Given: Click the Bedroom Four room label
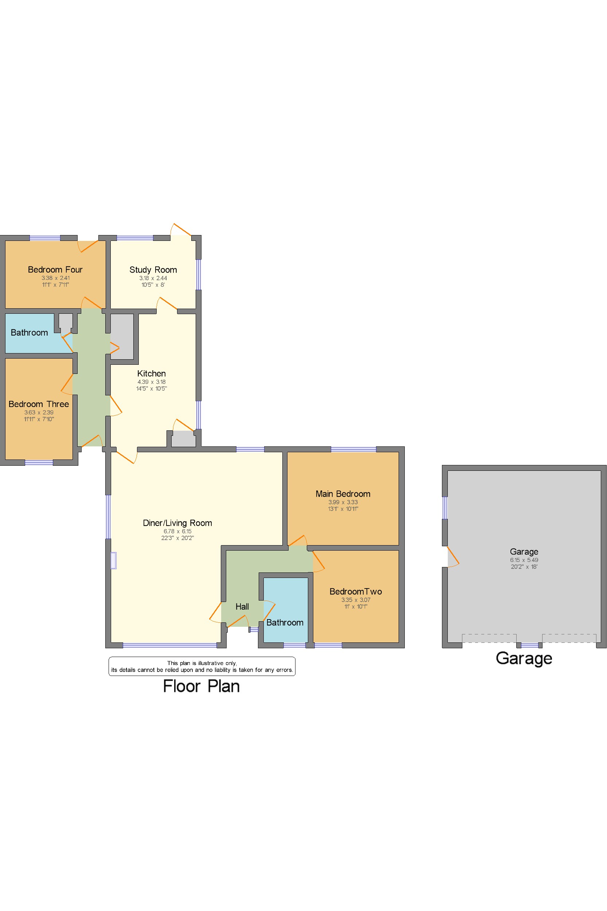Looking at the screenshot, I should (x=55, y=269).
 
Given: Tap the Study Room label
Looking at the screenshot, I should (x=153, y=270).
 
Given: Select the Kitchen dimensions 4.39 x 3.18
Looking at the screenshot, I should (x=151, y=382).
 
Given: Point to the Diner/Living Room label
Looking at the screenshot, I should (x=177, y=523).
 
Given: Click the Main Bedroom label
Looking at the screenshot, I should (x=342, y=494).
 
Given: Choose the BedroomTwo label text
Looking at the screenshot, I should (x=355, y=591).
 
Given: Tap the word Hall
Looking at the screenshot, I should (x=242, y=607).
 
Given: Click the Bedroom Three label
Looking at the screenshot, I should (x=39, y=404).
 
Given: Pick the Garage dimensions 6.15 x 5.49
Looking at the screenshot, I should (x=524, y=560).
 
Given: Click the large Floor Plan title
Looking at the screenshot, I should (x=201, y=686).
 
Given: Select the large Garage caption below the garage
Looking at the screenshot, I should (x=524, y=658).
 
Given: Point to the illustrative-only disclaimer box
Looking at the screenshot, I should (x=202, y=666).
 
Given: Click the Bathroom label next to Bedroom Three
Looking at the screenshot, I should (x=30, y=333).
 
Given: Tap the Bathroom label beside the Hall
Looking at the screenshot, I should (x=285, y=622).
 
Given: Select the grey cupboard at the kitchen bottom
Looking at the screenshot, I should (x=184, y=439).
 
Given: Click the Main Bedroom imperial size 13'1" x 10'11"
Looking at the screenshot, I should (x=343, y=509).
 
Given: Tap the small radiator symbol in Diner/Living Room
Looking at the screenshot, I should (x=113, y=560).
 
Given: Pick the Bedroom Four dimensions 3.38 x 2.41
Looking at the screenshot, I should (x=56, y=278).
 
